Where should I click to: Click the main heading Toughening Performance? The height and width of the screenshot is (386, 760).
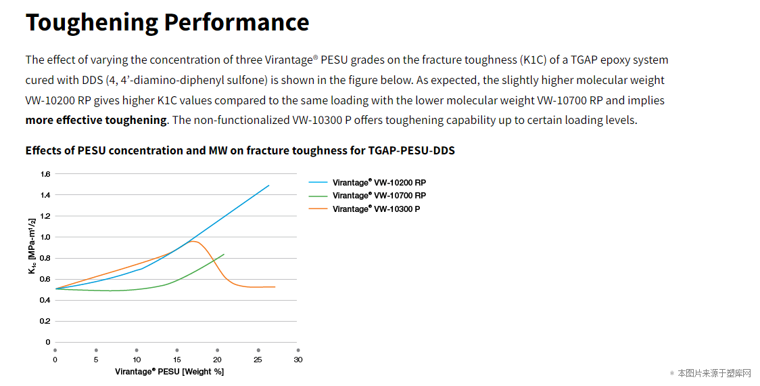(167, 22)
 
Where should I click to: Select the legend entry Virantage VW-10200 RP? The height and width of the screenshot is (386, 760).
(379, 183)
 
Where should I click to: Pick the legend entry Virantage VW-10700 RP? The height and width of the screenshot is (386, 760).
(379, 196)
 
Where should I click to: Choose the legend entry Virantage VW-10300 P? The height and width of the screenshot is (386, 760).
(376, 209)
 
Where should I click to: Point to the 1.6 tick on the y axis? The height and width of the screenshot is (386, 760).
(45, 174)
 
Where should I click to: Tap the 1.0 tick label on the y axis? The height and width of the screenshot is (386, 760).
(45, 237)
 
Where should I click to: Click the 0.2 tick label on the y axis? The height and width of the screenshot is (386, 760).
(45, 321)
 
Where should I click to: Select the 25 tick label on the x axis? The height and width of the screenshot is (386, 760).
(258, 360)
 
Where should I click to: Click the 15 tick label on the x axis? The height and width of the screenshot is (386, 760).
(177, 360)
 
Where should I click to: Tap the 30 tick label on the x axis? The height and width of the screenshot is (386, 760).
(298, 360)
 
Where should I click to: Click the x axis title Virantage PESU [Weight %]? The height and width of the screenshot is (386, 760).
(169, 371)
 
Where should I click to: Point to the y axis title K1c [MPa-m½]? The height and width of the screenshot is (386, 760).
(32, 246)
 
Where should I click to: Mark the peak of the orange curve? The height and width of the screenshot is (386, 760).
(193, 241)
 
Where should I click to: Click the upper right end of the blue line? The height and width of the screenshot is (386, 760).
(269, 185)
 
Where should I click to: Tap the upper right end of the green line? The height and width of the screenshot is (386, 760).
(224, 254)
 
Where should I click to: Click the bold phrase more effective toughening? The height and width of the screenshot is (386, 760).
(96, 120)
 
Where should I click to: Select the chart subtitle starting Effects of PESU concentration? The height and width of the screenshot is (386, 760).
(240, 150)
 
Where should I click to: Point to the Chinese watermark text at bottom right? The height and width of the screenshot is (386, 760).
(714, 373)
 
